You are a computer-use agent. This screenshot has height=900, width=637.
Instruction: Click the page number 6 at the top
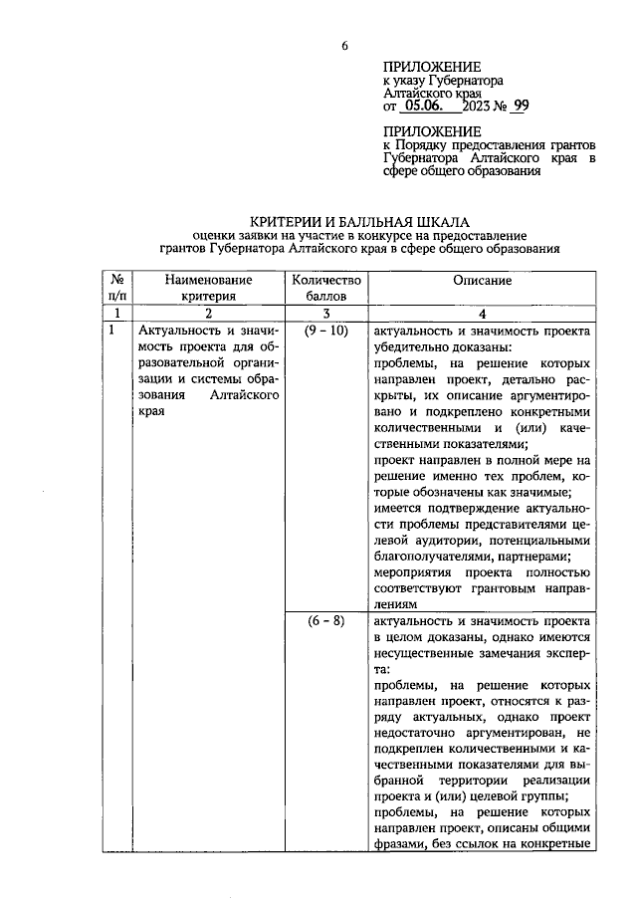click(x=345, y=47)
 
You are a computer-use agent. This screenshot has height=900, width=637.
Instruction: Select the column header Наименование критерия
click(x=208, y=289)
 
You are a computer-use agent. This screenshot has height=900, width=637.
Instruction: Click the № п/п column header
click(x=117, y=289)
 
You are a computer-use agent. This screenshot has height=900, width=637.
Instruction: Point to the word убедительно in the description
click(x=413, y=348)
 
